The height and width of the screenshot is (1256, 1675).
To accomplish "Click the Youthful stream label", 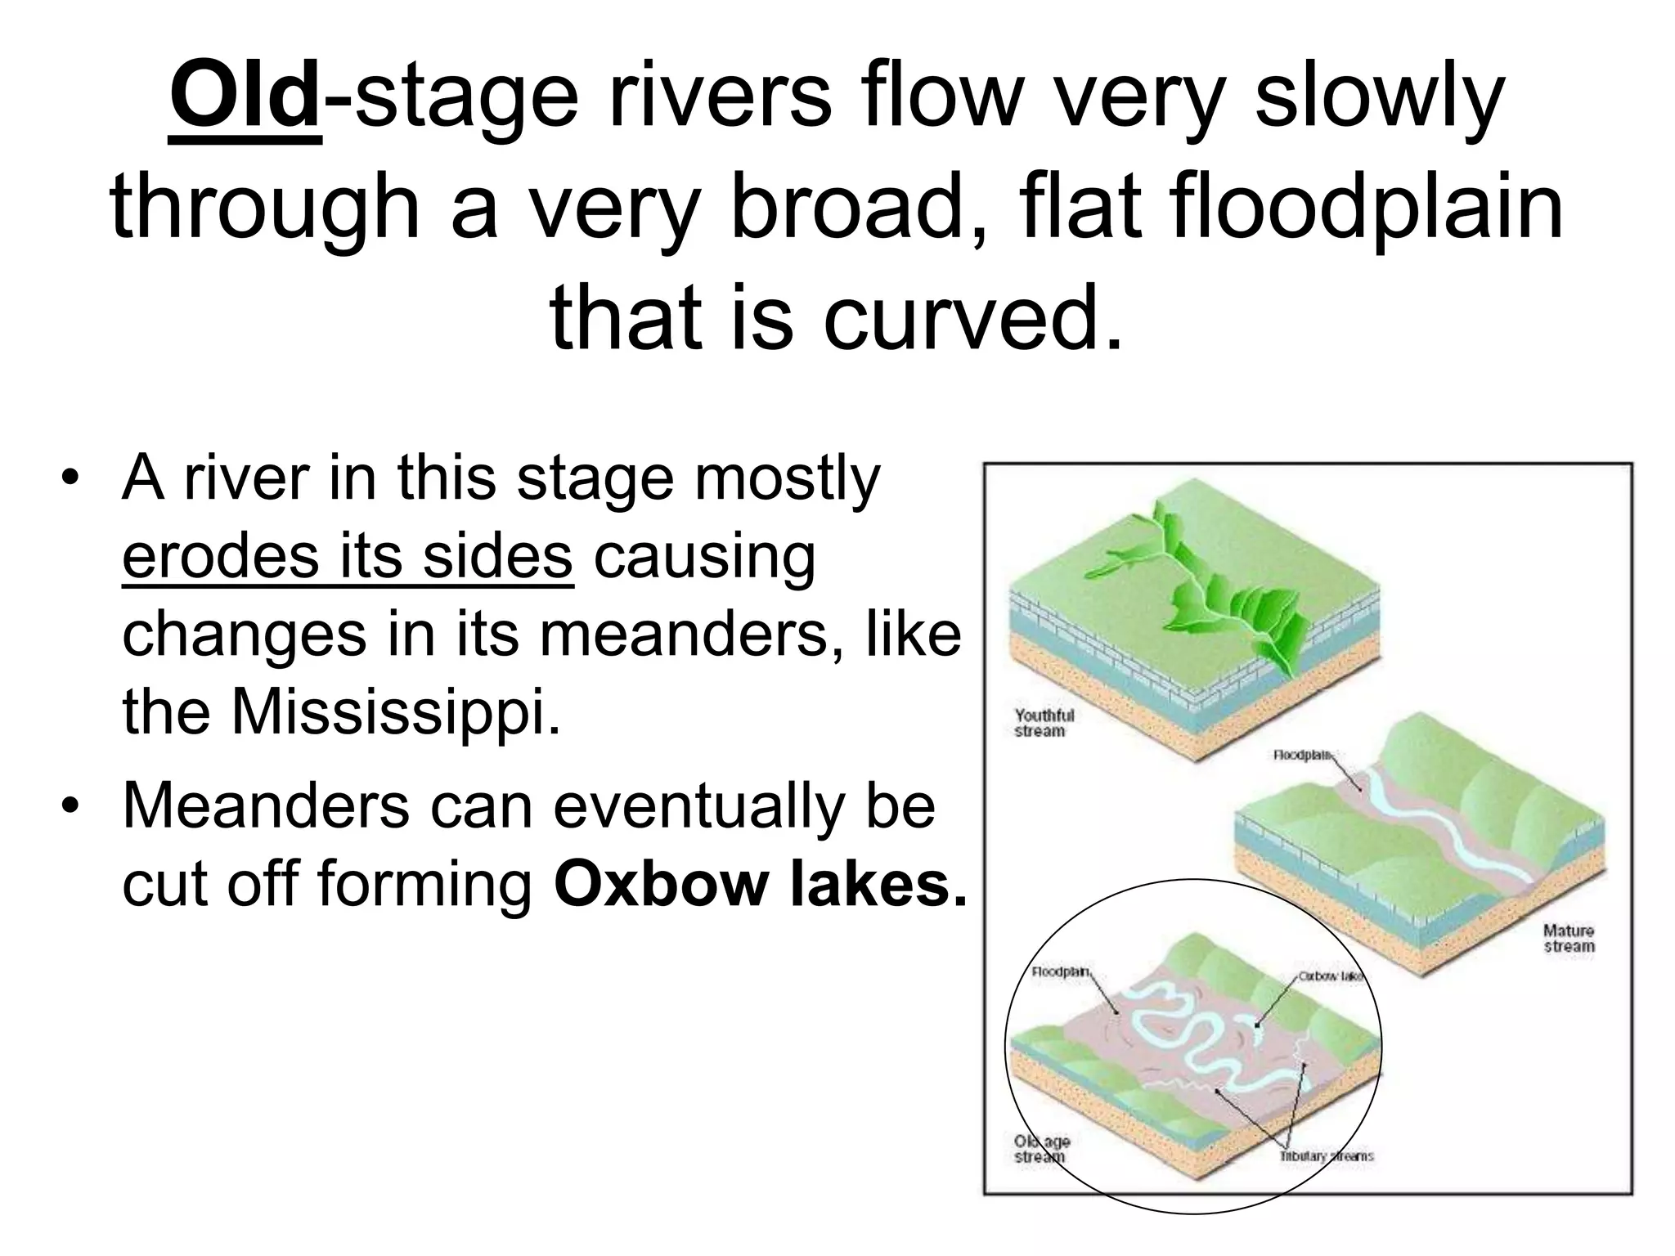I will [x=1044, y=723].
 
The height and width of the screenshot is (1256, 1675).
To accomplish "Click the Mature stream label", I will [x=1568, y=938].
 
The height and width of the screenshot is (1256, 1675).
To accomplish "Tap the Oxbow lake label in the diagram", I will [x=1329, y=976].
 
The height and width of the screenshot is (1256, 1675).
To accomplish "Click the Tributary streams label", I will [x=1326, y=1156].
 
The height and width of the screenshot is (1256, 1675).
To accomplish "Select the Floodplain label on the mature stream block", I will [x=1301, y=755].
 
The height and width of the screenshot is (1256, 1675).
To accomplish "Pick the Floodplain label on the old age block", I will [x=1060, y=972].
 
